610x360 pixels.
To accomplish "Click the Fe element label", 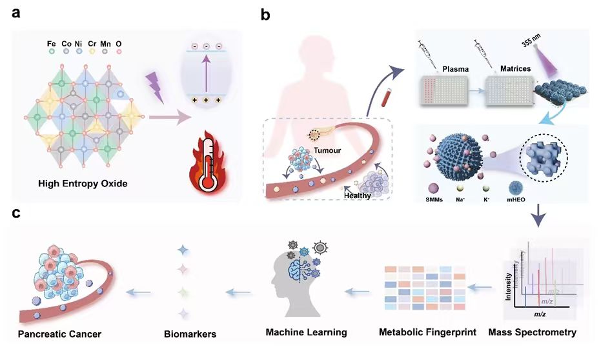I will pyautogui.click(x=52, y=44).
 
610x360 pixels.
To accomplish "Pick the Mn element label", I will pyautogui.click(x=103, y=44).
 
